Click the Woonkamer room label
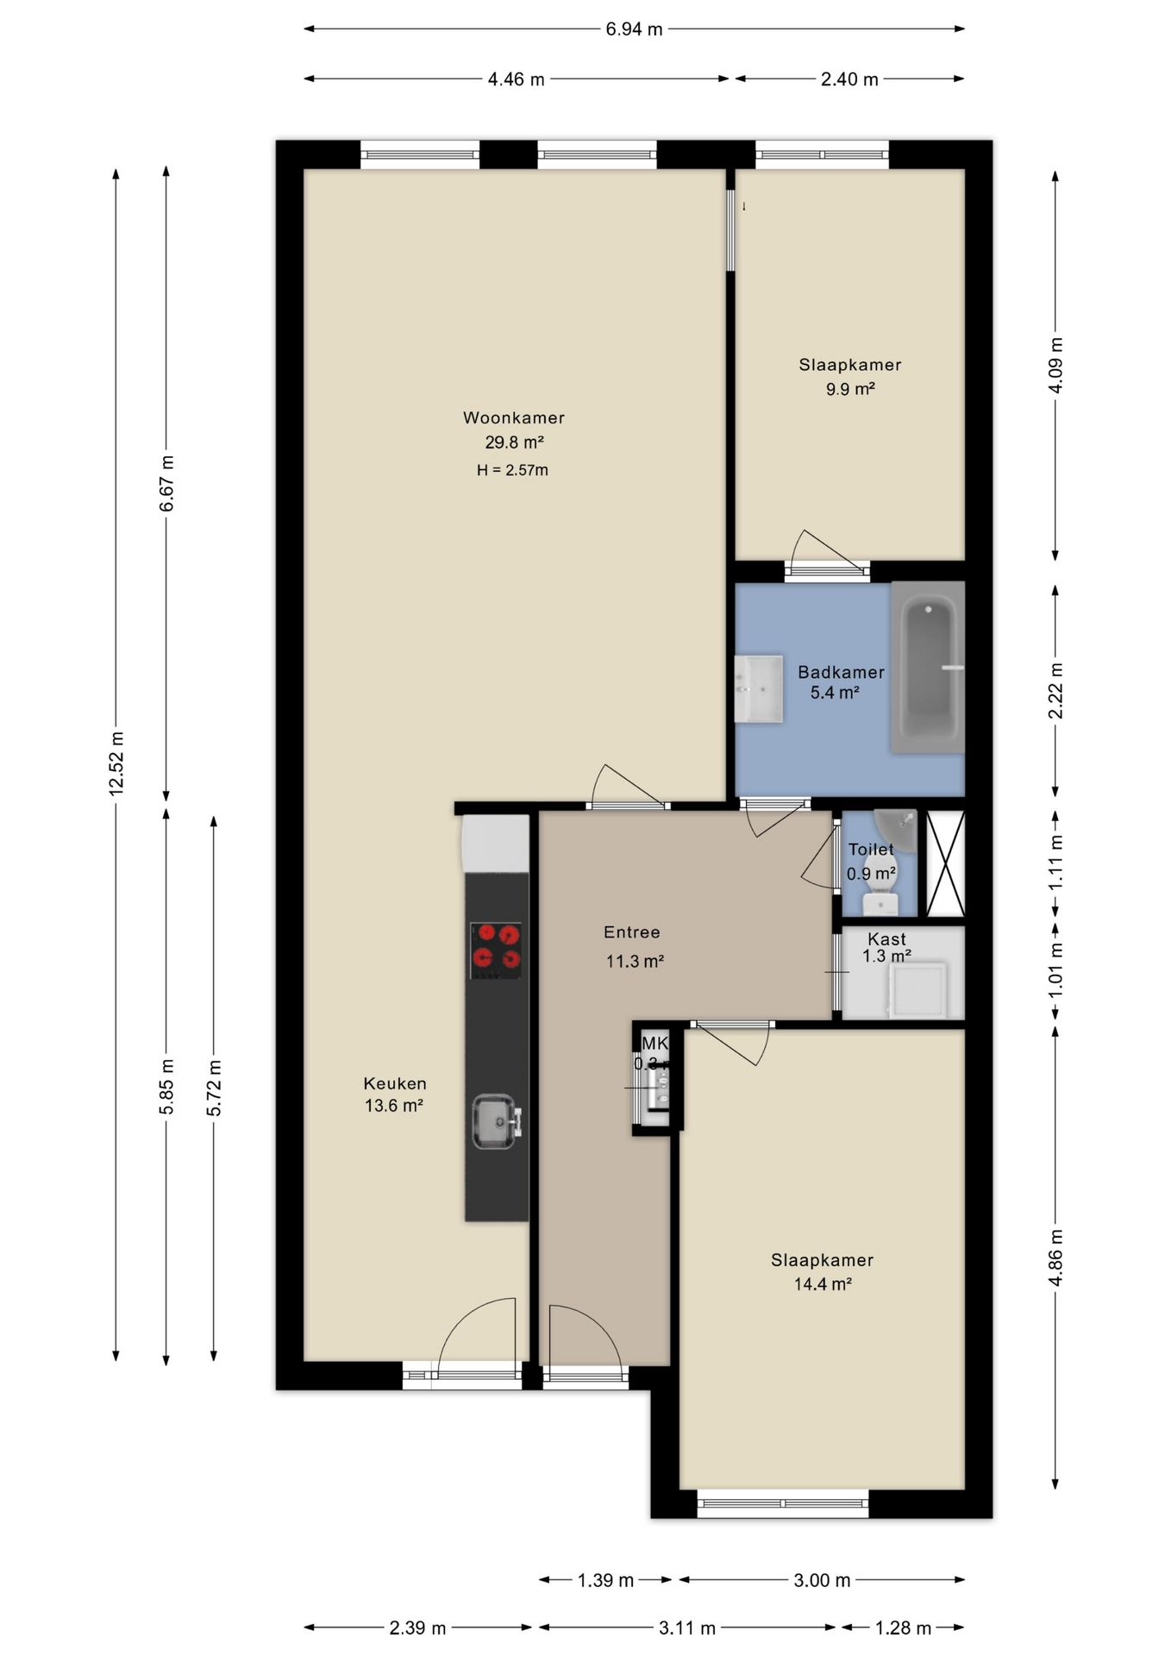[514, 418]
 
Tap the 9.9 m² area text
[850, 389]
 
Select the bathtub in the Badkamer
[927, 667]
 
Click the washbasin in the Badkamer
[758, 688]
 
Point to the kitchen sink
[495, 1121]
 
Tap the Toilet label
[871, 850]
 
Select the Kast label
[886, 939]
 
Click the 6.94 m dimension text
[634, 29]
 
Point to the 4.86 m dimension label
[1055, 1258]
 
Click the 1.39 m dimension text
[605, 1580]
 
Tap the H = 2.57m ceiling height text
[512, 470]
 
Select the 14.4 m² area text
[823, 1284]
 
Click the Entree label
[632, 932]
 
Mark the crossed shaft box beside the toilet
[945, 863]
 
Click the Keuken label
[395, 1083]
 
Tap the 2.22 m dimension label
[1055, 690]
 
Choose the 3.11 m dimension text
[687, 1628]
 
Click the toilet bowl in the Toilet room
[880, 901]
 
